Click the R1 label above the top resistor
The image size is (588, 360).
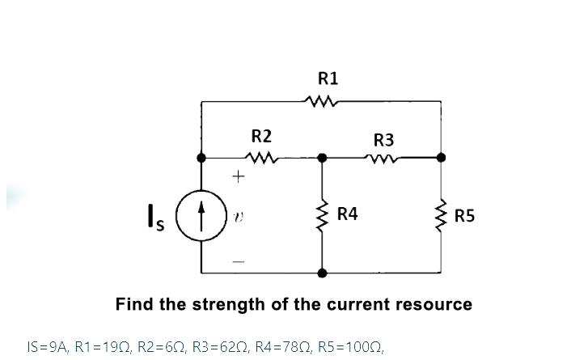click(x=328, y=78)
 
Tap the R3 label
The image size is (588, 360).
click(x=383, y=139)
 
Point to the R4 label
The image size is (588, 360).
click(x=348, y=214)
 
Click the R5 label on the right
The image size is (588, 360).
click(x=465, y=216)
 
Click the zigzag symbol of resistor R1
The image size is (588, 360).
click(x=322, y=102)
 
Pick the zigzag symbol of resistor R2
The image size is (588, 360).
click(x=262, y=157)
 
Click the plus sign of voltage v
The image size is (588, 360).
click(x=238, y=175)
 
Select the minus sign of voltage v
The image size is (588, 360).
click(x=238, y=261)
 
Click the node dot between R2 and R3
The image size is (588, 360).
click(x=323, y=157)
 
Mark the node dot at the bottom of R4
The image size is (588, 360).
click(x=323, y=273)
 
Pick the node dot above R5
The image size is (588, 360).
click(x=442, y=157)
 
